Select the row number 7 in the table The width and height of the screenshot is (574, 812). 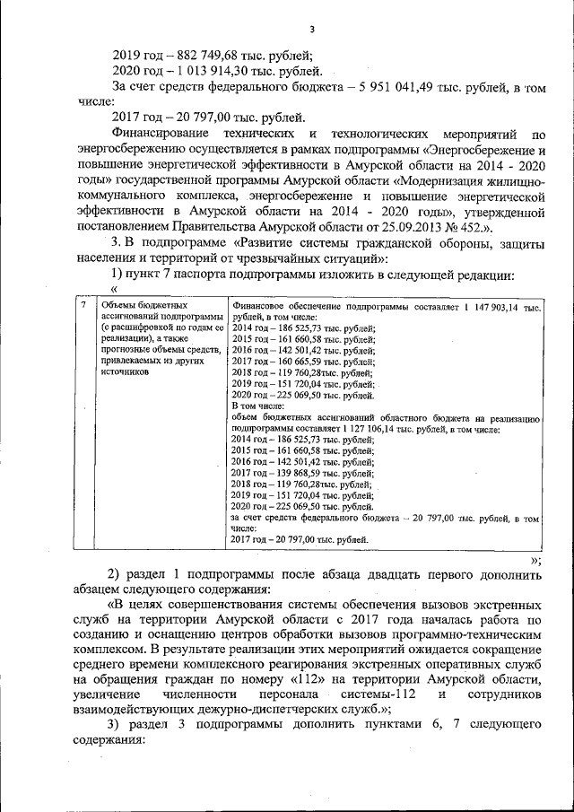[x=83, y=306]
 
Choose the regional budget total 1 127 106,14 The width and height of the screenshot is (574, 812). [x=362, y=430]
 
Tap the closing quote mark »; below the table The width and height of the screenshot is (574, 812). [x=535, y=558]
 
